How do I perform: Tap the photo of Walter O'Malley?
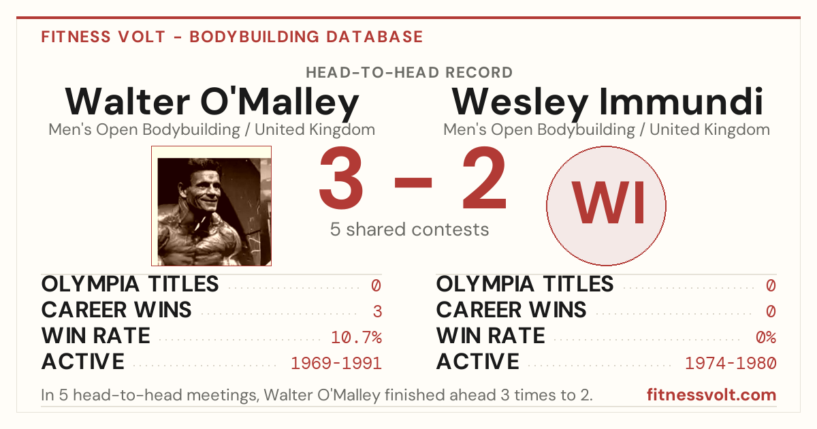coord(212,206)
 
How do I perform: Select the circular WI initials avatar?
coord(606,206)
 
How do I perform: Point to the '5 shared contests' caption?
coord(409,229)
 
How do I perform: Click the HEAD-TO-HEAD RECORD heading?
coord(409,72)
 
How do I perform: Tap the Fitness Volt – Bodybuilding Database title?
coord(232,37)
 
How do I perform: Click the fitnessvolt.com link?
coord(711,395)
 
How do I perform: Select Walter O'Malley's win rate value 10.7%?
coord(356,337)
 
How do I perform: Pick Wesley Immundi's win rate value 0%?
coord(766,337)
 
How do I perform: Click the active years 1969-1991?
coord(336,363)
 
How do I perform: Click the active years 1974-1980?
coord(731,363)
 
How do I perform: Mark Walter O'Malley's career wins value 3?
coord(377,311)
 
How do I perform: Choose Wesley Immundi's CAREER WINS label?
coord(511,310)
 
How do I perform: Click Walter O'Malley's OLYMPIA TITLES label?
coord(130,284)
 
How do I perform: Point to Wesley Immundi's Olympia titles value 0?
coord(771,285)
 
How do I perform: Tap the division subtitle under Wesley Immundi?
coord(607,129)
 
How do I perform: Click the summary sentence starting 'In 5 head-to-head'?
coord(317,395)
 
